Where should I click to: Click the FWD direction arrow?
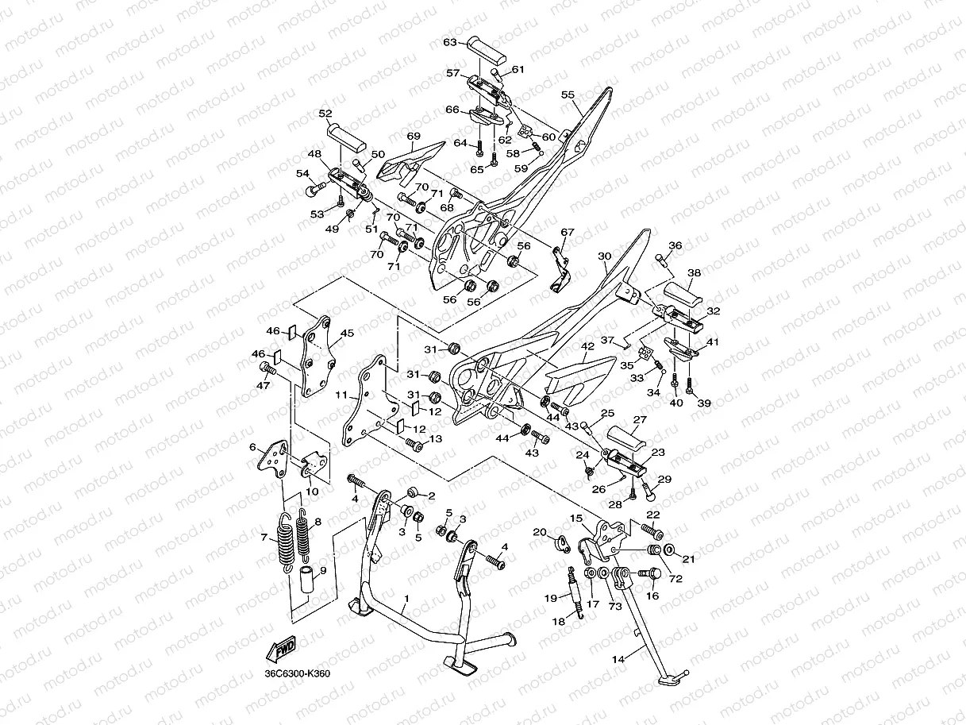tap(280, 649)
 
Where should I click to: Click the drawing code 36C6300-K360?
tap(298, 674)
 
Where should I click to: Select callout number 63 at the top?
tap(450, 42)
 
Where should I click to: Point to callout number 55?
tap(568, 94)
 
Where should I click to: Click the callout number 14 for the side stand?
tap(618, 659)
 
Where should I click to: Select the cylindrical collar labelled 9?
tap(308, 580)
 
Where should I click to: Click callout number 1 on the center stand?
tap(406, 599)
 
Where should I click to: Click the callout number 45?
tap(347, 334)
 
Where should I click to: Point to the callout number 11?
tap(341, 395)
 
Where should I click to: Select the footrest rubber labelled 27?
tap(625, 437)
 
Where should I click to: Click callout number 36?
tap(675, 245)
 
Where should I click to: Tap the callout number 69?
tap(414, 136)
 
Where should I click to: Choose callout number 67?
tap(568, 232)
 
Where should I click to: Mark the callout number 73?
tap(615, 606)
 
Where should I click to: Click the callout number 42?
tap(587, 346)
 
